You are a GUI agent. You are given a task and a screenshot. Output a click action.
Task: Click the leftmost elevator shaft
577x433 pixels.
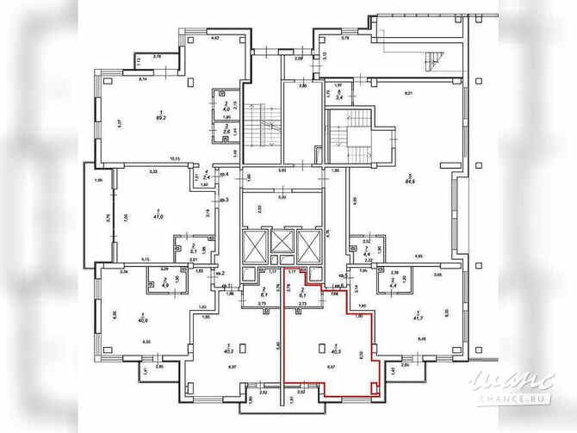(257, 244)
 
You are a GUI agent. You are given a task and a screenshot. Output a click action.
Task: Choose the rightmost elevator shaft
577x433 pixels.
(307, 244)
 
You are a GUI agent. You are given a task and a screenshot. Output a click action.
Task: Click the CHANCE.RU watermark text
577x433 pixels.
(512, 398)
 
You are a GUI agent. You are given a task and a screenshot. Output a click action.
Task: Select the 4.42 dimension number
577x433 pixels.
(215, 39)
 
